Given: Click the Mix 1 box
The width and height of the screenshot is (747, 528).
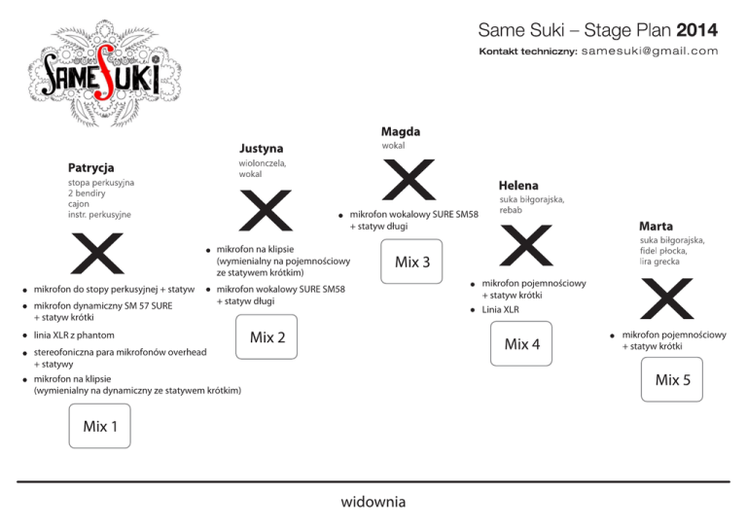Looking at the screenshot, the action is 100,426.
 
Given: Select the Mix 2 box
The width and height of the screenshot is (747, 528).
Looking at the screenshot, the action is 267,337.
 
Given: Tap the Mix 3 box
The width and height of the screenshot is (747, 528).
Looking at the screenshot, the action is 412,262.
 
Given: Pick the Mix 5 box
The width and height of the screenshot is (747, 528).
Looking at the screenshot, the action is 673,380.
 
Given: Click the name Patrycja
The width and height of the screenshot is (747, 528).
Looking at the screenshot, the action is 90,168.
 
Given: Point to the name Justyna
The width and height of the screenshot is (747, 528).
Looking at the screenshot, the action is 261,148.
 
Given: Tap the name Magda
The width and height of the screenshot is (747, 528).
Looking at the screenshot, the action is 401,130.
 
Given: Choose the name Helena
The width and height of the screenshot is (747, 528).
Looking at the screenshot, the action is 518,185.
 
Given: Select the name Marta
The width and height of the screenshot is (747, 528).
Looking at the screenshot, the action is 656,225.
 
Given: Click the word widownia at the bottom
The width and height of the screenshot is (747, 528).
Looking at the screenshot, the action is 373,502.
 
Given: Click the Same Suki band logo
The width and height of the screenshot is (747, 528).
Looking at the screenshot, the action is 100,75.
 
